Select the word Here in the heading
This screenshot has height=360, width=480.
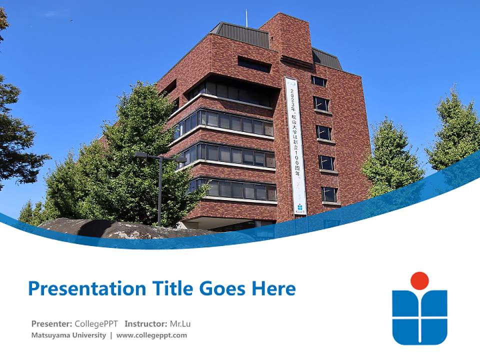coord(273,288)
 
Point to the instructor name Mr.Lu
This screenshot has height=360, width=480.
coord(180,323)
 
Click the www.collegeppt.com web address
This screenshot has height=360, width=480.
coord(151,335)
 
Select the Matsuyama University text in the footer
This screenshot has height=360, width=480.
coord(68,335)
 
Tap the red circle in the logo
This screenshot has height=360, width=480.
coord(419,280)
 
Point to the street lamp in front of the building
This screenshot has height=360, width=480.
coord(159,185)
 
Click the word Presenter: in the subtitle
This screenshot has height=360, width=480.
coord(51,323)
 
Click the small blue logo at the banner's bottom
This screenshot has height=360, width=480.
coord(299,207)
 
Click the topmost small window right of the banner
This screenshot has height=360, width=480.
coord(318,81)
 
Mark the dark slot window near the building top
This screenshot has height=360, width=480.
coord(254,64)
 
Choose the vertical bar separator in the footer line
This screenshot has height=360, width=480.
coord(111,335)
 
